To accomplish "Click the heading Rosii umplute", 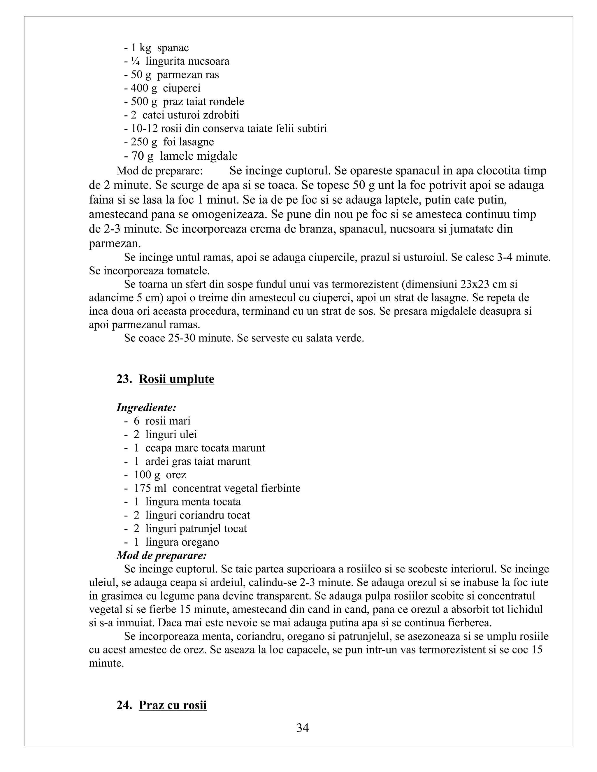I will (176, 379).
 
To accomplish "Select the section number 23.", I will (124, 379).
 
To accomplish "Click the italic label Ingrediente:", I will (146, 408).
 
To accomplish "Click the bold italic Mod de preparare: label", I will (161, 555).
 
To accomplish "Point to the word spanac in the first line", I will (173, 48).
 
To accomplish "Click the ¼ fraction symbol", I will (135, 61).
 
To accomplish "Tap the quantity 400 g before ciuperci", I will (144, 88).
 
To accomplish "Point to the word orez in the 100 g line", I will (176, 475).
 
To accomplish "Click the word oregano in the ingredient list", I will (200, 542).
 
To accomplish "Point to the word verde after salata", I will (350, 338).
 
